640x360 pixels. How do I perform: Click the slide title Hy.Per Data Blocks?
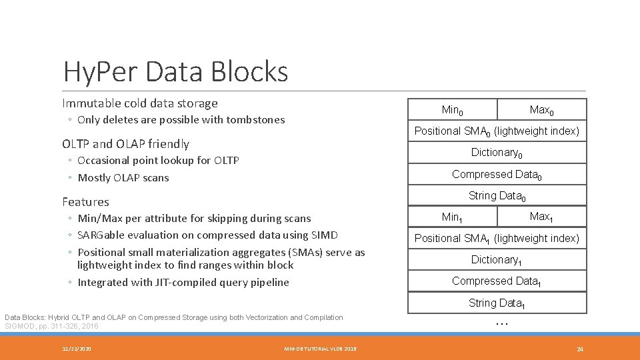175,71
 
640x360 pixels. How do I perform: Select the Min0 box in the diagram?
453,109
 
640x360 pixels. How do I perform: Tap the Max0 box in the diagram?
541,109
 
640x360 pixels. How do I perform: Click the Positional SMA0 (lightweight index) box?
497,131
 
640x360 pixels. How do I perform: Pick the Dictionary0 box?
497,153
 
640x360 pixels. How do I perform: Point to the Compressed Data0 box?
497,175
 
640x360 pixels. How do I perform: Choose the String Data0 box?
497,196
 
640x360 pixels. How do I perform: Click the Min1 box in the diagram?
453,217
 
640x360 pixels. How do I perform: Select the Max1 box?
541,217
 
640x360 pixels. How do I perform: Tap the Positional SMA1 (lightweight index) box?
497,238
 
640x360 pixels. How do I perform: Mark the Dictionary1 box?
497,260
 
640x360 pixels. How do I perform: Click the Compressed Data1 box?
497,281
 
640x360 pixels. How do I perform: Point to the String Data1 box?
497,303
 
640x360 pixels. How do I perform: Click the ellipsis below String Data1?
502,323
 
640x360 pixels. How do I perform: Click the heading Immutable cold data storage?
140,103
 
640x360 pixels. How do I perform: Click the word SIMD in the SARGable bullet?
325,235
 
